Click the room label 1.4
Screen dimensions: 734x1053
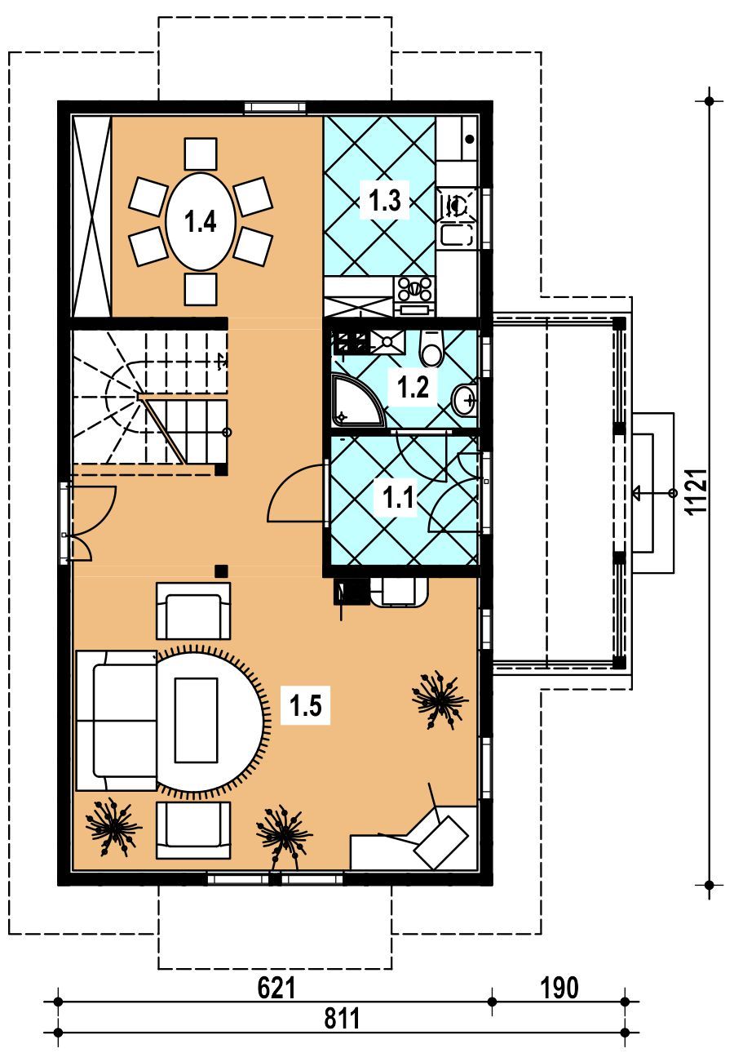click(200, 221)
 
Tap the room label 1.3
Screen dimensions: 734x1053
click(385, 200)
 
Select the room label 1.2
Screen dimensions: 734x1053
click(413, 388)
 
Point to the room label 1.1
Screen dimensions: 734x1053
click(398, 497)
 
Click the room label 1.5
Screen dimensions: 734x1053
click(305, 705)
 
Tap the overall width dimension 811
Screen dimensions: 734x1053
click(342, 1018)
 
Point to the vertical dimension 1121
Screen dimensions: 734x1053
click(696, 491)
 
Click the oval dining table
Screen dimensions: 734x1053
click(201, 221)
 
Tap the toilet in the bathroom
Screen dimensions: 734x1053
click(431, 349)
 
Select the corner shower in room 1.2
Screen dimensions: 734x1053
click(358, 399)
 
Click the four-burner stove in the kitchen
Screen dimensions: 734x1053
click(414, 288)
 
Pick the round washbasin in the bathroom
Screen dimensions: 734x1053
click(464, 400)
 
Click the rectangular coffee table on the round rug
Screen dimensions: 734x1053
click(196, 720)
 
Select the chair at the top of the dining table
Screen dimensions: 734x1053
click(201, 153)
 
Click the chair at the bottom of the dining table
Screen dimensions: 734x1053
click(201, 289)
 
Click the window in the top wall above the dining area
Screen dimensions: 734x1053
click(275, 108)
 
